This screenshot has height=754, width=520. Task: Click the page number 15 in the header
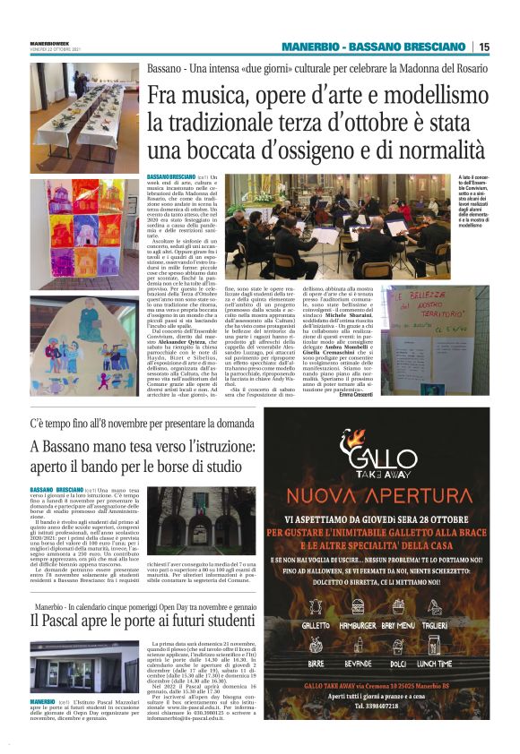click(x=484, y=47)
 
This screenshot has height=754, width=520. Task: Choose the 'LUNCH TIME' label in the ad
click(x=458, y=664)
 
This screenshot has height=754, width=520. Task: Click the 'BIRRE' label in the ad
click(x=316, y=664)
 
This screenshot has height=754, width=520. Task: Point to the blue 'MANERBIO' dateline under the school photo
click(x=42, y=725)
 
